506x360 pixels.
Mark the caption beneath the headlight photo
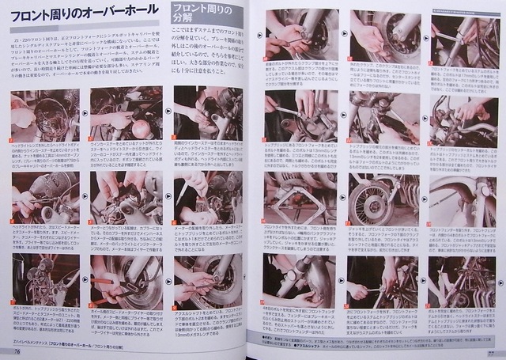pyautogui.click(x=44, y=153)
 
